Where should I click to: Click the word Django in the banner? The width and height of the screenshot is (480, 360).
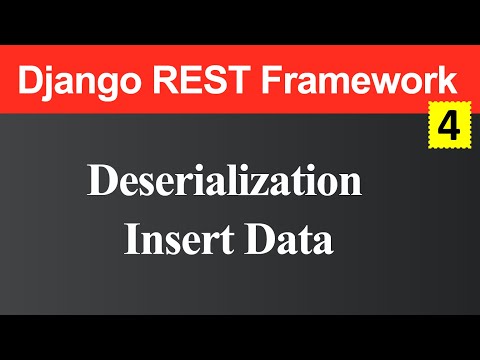point(76,79)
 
